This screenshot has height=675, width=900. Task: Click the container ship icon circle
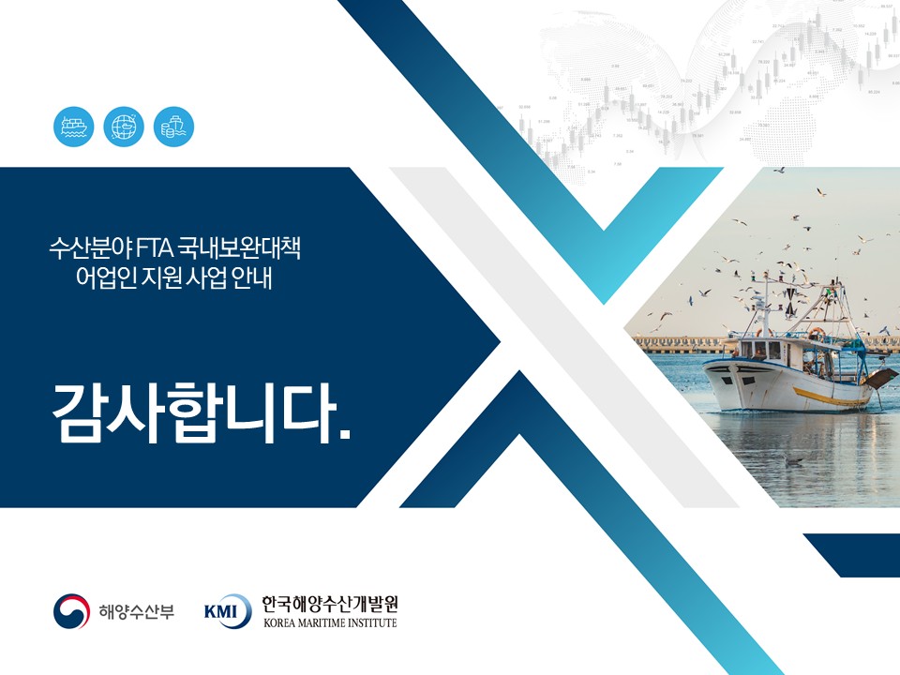[x=73, y=127]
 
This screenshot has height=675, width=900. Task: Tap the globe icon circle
[x=124, y=127]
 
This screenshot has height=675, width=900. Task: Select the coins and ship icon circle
[x=174, y=127]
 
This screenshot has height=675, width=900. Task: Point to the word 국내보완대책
[x=239, y=248]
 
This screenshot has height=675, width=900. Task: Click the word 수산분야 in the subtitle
[x=90, y=248]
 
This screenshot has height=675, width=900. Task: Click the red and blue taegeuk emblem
[x=72, y=610]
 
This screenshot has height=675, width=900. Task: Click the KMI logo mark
[x=228, y=610]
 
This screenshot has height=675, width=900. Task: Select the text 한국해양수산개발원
[x=330, y=604]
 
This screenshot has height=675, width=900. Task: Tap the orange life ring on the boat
[x=817, y=334]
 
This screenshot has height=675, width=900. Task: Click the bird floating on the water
[x=794, y=460]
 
